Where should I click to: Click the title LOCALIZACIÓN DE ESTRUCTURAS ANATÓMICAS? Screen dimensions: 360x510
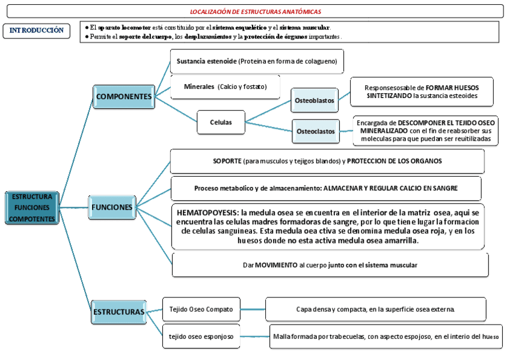[x=255, y=11]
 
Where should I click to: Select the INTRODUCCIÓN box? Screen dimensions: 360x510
[x=36, y=31]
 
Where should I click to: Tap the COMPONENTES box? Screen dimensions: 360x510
[x=123, y=97]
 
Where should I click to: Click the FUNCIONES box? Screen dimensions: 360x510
[x=112, y=207]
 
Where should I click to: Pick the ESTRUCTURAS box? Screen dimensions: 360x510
[x=118, y=312]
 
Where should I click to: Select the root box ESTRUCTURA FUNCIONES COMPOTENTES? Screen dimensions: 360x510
[x=32, y=208]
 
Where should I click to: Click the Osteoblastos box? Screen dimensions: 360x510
[x=314, y=100]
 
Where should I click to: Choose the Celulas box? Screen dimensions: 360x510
[x=221, y=122]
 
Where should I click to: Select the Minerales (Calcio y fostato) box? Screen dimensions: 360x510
[x=225, y=87]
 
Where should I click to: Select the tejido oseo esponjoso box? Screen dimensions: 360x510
[x=201, y=335]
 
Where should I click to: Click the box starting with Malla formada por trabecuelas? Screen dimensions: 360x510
[x=386, y=336]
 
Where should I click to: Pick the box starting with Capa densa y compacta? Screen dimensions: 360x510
[x=375, y=309]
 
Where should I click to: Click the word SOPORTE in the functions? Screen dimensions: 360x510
[x=227, y=161]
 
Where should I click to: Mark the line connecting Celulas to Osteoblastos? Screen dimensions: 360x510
[x=268, y=111]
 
